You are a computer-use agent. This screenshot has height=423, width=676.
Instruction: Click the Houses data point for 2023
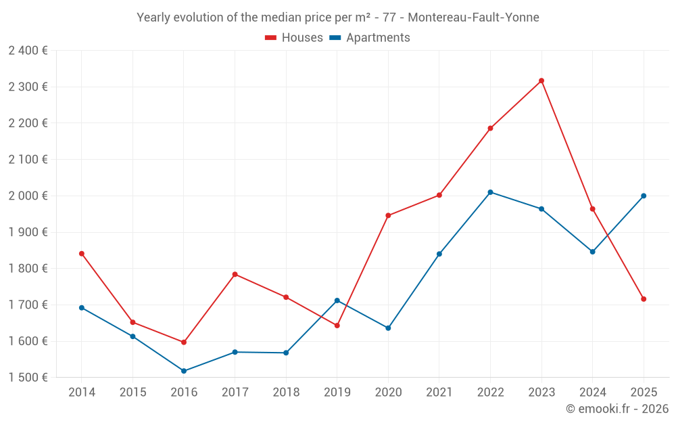541,81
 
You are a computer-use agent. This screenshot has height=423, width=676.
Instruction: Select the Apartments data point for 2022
490,192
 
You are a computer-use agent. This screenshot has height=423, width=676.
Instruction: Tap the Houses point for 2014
82,254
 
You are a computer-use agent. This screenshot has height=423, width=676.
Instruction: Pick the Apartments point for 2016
184,371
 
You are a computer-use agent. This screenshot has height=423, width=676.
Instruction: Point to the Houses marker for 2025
644,299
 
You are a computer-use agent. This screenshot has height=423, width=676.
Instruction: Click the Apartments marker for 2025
644,196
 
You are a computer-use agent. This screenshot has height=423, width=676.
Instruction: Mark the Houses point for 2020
388,216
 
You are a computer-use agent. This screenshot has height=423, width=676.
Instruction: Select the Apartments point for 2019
337,300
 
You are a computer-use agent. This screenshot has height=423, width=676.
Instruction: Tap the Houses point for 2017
235,274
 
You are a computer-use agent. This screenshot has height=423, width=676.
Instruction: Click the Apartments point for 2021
439,254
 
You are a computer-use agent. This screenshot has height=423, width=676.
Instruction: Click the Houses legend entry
294,38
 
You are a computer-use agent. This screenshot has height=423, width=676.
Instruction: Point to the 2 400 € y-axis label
28,51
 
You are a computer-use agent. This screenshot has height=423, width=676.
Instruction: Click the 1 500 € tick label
28,378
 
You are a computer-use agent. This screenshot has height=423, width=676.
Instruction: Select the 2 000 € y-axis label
28,196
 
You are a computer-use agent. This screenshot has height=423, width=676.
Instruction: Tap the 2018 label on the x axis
286,393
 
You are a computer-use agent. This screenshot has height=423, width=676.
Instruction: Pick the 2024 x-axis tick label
593,393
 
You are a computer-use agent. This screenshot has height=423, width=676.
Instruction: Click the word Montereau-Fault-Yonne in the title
474,18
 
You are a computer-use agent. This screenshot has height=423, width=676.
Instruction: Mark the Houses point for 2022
490,128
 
